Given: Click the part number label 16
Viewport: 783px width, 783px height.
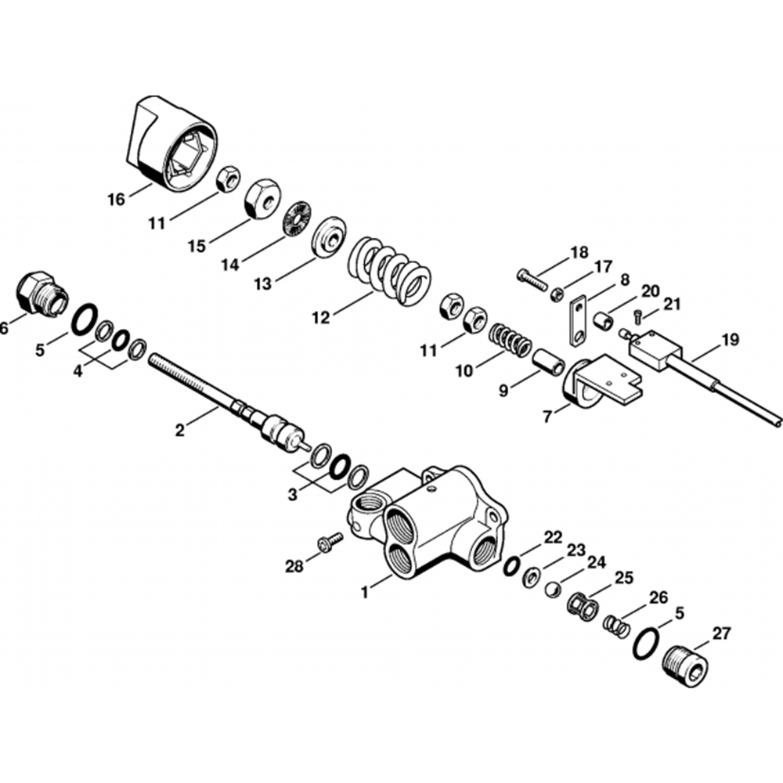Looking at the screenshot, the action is coord(116,200).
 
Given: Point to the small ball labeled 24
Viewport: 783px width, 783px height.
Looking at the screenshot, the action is coord(552,590).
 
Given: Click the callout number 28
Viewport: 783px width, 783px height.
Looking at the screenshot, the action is coord(294,567).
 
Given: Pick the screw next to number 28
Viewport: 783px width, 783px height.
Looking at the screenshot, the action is coord(330,541).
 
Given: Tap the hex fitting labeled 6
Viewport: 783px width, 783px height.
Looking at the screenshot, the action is coord(41,294).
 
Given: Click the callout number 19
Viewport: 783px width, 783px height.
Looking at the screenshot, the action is coord(729,340).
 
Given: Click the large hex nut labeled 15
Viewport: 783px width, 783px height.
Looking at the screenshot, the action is coord(262,198).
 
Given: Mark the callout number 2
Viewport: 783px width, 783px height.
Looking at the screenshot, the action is coord(180,429).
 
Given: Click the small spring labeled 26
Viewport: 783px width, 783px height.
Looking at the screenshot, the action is coord(617,626).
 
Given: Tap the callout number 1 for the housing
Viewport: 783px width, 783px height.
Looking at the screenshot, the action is coord(365,593).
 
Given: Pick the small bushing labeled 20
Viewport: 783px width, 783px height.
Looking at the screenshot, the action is coord(604,320).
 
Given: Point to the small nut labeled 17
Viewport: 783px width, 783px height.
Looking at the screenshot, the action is coord(557,295).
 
